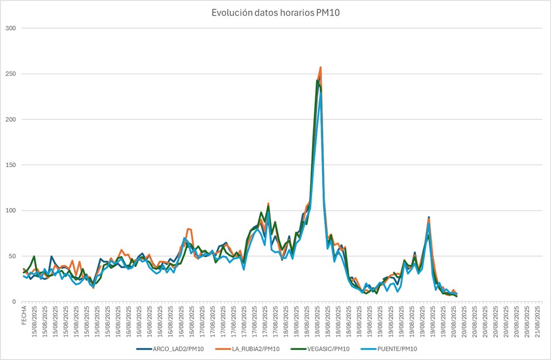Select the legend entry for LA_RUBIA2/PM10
(255, 349)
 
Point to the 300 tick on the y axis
(11, 28)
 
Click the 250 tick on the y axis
(11, 74)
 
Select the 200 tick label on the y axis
(11, 119)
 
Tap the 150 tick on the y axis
(11, 165)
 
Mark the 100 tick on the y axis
(11, 210)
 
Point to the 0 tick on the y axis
(15, 302)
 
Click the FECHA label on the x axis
(24, 315)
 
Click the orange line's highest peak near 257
(321, 67)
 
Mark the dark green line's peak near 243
(317, 80)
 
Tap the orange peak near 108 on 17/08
(268, 203)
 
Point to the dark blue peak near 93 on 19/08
(429, 217)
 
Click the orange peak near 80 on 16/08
(188, 229)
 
